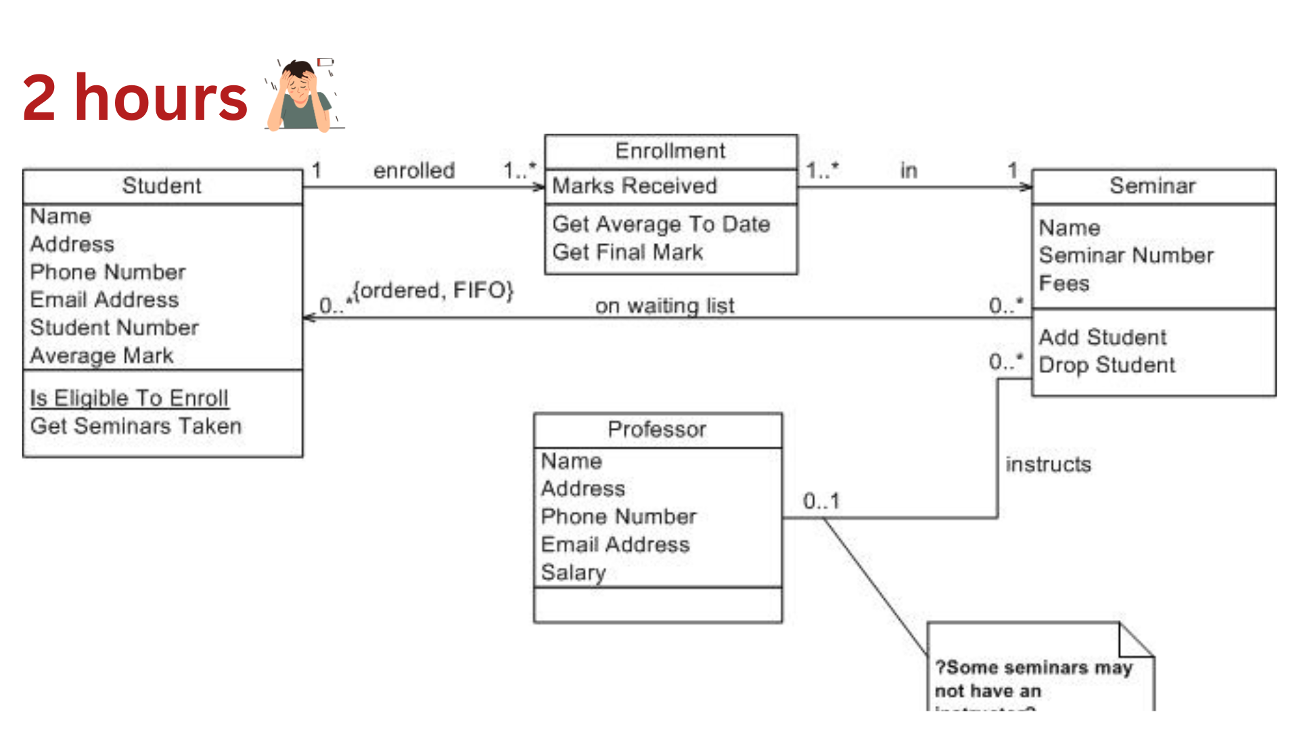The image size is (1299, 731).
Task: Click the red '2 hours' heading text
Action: [x=135, y=98]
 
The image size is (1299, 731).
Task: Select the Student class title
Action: [x=162, y=185]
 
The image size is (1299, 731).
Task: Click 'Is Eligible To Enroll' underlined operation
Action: [x=129, y=398]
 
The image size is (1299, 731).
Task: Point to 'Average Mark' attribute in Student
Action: [x=101, y=355]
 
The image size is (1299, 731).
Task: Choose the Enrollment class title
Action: [x=670, y=151]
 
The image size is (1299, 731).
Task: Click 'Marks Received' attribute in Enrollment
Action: [x=634, y=185]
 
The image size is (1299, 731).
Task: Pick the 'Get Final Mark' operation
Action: [x=627, y=252]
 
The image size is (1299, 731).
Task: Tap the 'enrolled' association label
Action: [x=414, y=171]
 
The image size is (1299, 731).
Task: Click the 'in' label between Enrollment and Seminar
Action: [x=909, y=171]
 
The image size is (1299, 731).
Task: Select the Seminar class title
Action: [x=1152, y=185]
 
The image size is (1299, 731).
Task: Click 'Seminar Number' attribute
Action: [x=1126, y=255]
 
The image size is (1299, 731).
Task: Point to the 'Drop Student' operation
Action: [x=1107, y=365]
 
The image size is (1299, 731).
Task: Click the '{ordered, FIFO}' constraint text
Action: [x=433, y=290]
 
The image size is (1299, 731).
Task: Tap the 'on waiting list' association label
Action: [x=664, y=306]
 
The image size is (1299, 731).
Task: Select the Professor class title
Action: [x=656, y=429]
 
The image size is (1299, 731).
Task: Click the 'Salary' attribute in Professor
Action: [x=573, y=573]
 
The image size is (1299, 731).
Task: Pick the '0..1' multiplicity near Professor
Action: [x=821, y=501]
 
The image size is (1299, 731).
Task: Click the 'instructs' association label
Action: [x=1048, y=464]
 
